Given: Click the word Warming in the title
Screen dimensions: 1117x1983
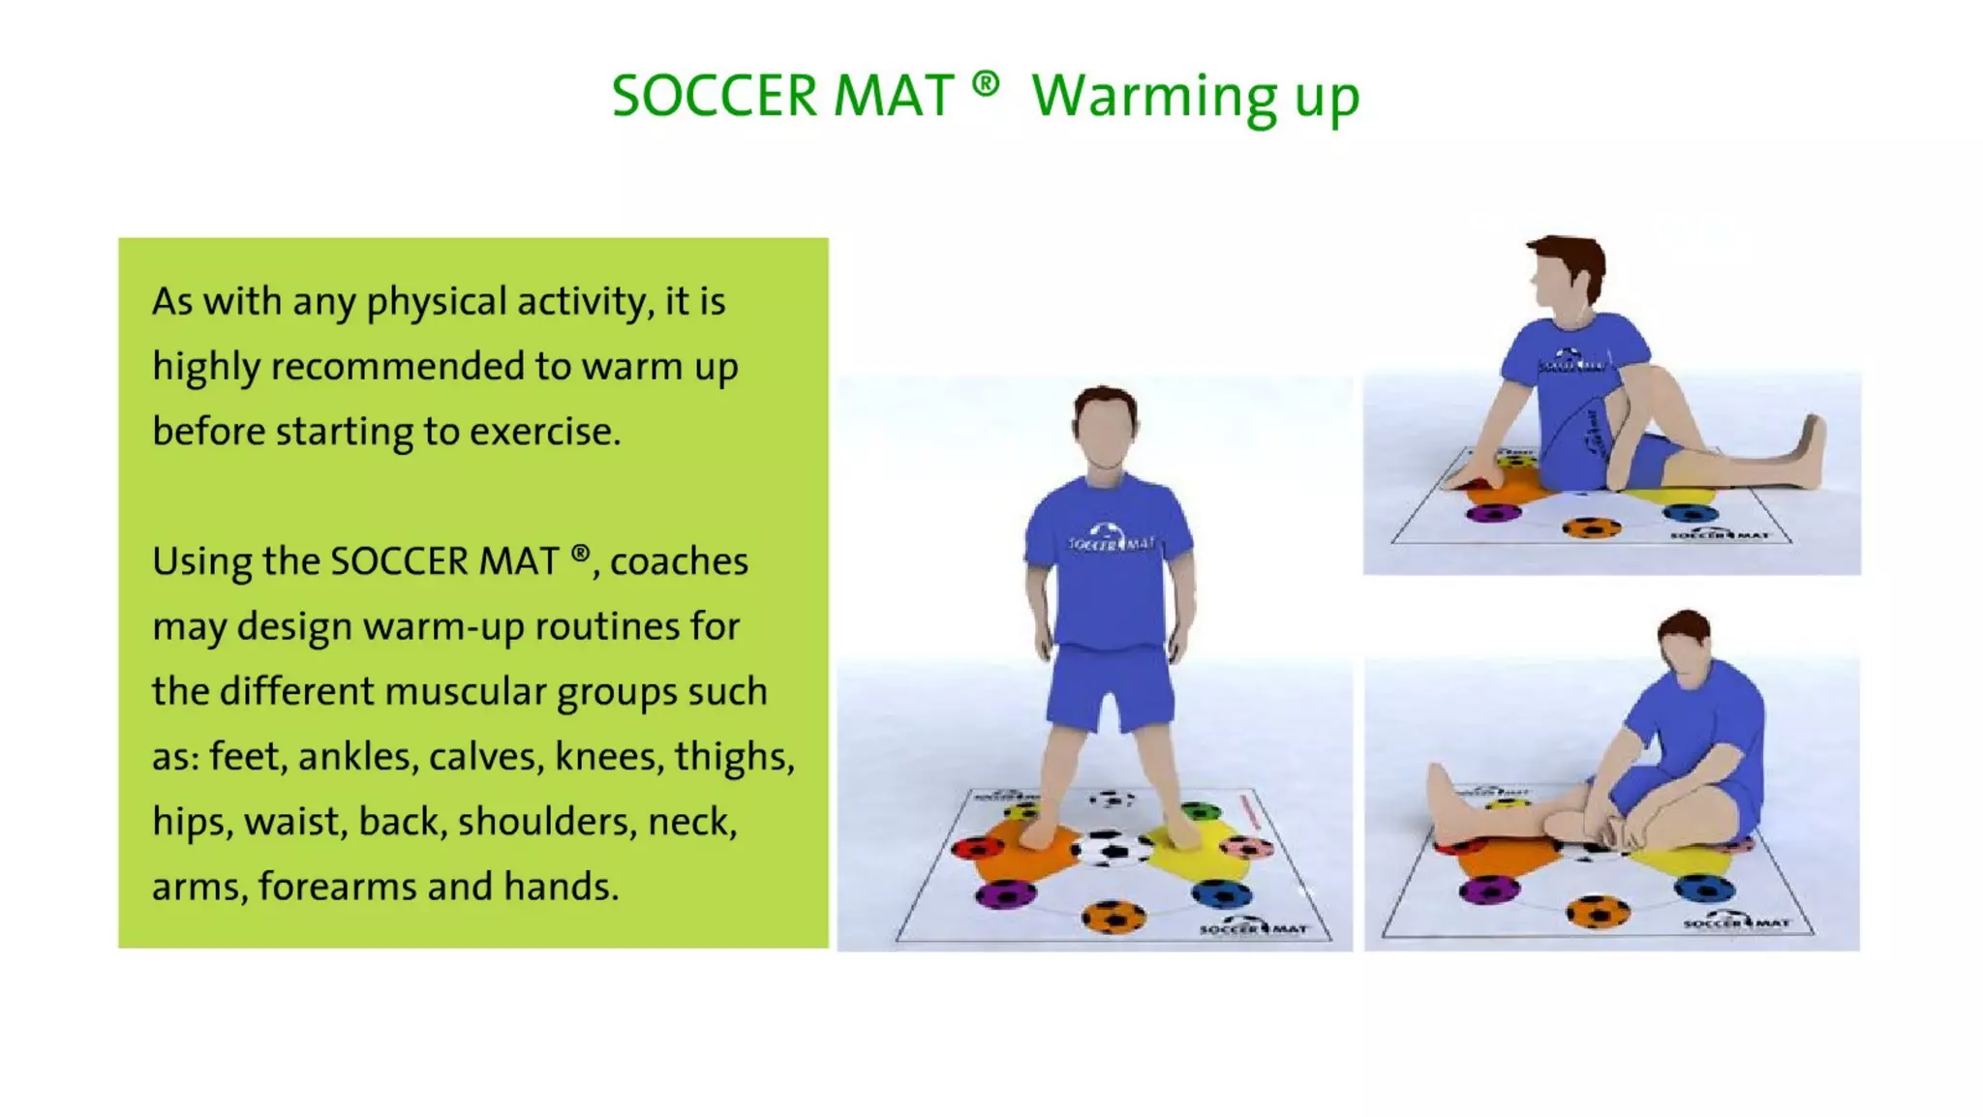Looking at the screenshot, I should (1153, 98).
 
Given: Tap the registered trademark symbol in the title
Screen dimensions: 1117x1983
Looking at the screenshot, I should (985, 84).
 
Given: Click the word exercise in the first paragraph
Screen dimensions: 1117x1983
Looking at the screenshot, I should (544, 432).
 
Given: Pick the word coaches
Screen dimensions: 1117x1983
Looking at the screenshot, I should (679, 561).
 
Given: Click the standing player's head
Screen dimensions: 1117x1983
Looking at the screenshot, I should (1105, 426).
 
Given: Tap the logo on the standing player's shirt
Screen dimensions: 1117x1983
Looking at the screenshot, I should (1110, 538).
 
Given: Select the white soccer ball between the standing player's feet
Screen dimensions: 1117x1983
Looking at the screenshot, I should (1112, 849).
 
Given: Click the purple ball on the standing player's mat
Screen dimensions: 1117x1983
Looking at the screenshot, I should (1005, 894).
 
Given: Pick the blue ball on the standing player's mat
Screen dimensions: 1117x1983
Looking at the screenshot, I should (1221, 893).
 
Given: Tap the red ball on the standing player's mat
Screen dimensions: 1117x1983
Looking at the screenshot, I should (977, 849).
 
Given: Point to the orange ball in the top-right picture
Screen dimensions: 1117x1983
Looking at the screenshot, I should (1592, 528).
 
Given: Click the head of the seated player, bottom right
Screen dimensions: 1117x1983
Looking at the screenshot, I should (1686, 646).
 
